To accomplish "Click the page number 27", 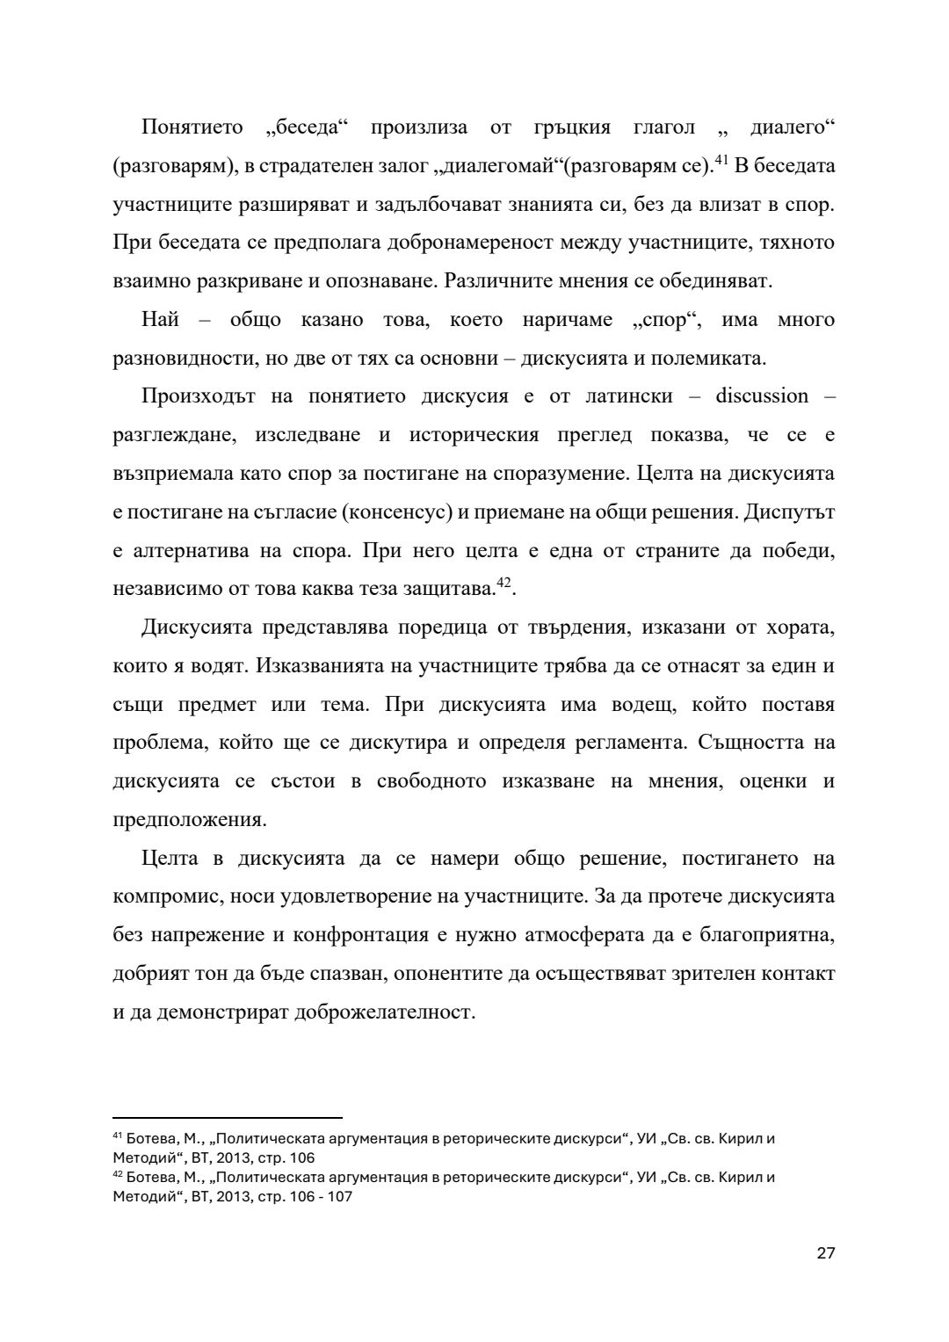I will pos(825,1252).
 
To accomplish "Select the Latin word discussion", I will pos(762,396).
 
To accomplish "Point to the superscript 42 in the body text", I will pos(503,583).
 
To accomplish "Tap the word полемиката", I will pos(711,359).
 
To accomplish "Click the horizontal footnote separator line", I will pos(227,1112).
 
